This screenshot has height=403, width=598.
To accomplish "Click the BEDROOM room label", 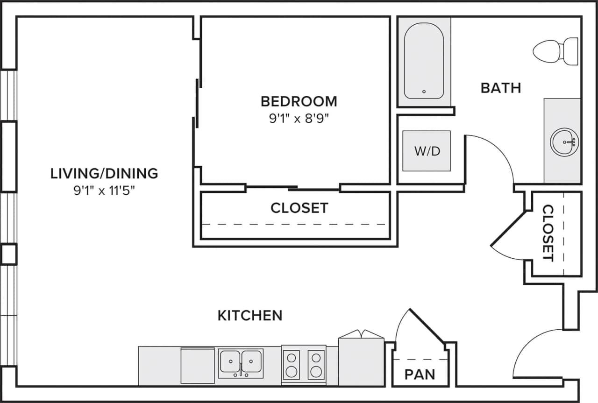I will (x=299, y=101).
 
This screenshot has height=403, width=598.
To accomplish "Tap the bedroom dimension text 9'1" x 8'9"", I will (x=299, y=118).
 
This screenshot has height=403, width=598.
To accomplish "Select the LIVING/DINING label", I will (x=104, y=174).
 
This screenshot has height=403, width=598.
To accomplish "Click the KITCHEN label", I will (x=250, y=316).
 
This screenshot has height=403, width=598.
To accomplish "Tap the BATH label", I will (x=501, y=88).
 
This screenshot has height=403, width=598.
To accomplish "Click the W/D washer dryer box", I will (x=427, y=151).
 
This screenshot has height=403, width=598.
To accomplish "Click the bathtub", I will (x=424, y=61).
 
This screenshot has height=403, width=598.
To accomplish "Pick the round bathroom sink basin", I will (x=564, y=141).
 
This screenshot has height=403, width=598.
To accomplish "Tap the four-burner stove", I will (x=303, y=365).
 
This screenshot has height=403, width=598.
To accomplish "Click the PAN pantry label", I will (x=420, y=374).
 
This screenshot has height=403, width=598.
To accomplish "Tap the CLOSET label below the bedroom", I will (x=299, y=208).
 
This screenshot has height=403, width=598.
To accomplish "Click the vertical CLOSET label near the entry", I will (x=548, y=233).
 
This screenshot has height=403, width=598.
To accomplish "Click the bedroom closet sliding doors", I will (x=293, y=188).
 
